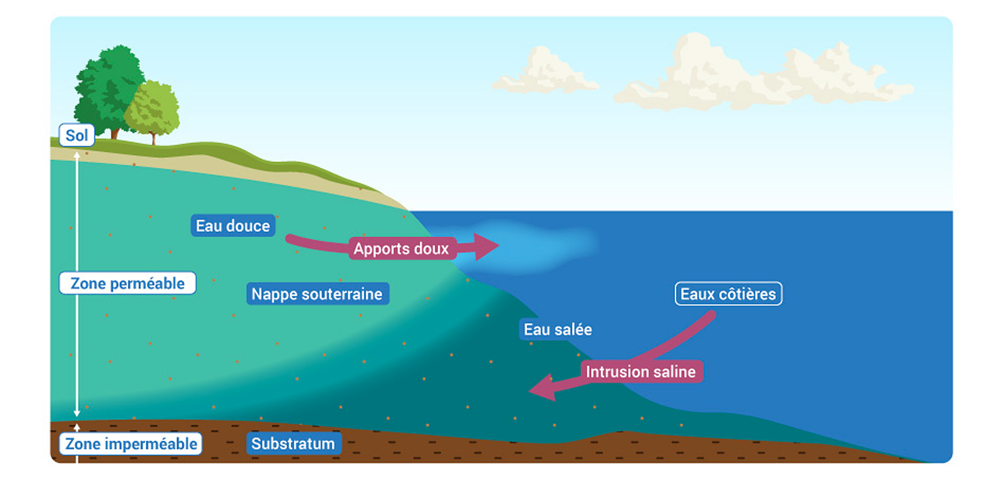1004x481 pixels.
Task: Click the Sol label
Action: (x=76, y=135)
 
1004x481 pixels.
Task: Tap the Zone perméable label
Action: (x=128, y=283)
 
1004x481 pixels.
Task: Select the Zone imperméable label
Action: (x=131, y=444)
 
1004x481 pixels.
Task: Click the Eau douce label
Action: (x=233, y=226)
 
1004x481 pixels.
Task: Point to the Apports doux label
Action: (x=402, y=248)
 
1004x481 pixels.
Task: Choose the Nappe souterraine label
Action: (x=317, y=294)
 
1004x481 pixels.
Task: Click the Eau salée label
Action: (x=558, y=329)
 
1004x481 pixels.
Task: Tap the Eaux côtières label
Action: (x=728, y=294)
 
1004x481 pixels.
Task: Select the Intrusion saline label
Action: (x=641, y=371)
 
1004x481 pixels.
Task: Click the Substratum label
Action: (x=293, y=443)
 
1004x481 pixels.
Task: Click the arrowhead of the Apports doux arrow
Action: (x=486, y=246)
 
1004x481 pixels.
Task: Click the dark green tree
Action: (x=109, y=87)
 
